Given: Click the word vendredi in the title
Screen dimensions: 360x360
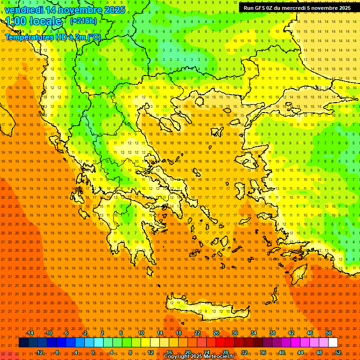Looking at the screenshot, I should click(23, 10).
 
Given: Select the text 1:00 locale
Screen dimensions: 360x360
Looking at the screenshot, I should click(33, 22).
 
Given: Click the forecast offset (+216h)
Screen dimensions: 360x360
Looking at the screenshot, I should click(83, 21).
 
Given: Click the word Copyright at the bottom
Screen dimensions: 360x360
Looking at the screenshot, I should click(177, 357).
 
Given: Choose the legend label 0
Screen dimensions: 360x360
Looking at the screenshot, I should click(93, 352).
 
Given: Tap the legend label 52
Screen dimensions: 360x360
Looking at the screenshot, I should click(338, 352).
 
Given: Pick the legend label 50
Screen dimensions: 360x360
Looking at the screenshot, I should click(329, 333).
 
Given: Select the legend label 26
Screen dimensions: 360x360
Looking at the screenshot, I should click(216, 333).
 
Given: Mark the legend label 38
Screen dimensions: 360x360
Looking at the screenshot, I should click(272, 333).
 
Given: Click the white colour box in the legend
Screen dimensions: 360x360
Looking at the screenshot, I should click(333, 343).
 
